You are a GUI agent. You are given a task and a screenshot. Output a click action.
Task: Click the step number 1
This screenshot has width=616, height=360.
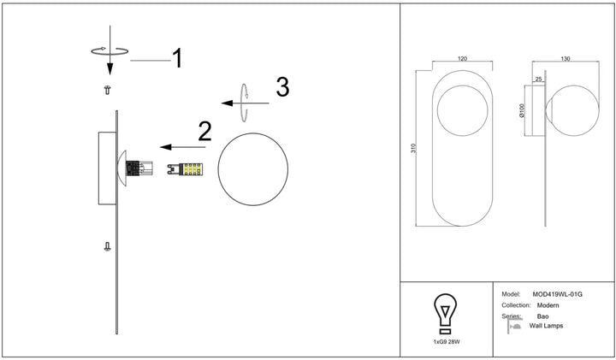(178, 58)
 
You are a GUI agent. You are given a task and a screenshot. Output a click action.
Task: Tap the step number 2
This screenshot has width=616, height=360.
(204, 132)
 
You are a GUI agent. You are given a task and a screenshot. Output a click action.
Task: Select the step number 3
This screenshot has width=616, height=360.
(282, 87)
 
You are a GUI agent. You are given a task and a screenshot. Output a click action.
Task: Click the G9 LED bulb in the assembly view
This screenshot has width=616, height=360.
(185, 169)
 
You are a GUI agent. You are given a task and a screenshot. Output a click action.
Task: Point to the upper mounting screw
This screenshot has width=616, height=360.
(107, 90)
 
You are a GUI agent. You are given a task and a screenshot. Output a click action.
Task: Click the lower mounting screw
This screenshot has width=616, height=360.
(107, 246)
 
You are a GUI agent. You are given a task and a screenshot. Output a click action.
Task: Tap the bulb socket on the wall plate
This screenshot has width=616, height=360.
(139, 168)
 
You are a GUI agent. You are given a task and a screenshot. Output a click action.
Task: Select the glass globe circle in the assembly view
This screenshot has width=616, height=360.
(253, 133)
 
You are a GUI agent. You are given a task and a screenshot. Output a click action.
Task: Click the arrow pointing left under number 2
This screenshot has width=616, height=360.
(183, 147)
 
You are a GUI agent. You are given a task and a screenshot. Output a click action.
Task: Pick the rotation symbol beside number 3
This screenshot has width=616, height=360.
(244, 103)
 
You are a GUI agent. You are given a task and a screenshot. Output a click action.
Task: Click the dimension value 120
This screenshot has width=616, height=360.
(462, 59)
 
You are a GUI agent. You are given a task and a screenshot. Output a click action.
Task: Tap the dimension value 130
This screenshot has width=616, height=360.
(566, 59)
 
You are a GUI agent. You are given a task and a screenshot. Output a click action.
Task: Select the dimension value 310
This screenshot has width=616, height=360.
(414, 149)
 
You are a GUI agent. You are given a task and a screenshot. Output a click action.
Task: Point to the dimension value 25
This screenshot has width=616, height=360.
(538, 80)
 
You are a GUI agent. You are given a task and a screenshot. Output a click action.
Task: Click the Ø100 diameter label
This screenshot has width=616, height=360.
(522, 110)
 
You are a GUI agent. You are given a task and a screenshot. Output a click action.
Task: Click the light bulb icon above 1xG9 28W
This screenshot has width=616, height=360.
(445, 314)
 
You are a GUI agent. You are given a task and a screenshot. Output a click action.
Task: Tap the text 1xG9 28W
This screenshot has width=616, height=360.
(447, 342)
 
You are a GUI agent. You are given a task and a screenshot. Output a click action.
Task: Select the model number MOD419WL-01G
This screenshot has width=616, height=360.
(557, 294)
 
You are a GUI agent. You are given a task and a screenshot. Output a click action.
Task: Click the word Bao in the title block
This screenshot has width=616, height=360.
(542, 316)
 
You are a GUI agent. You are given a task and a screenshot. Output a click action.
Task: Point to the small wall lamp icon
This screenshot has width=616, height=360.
(513, 326)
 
